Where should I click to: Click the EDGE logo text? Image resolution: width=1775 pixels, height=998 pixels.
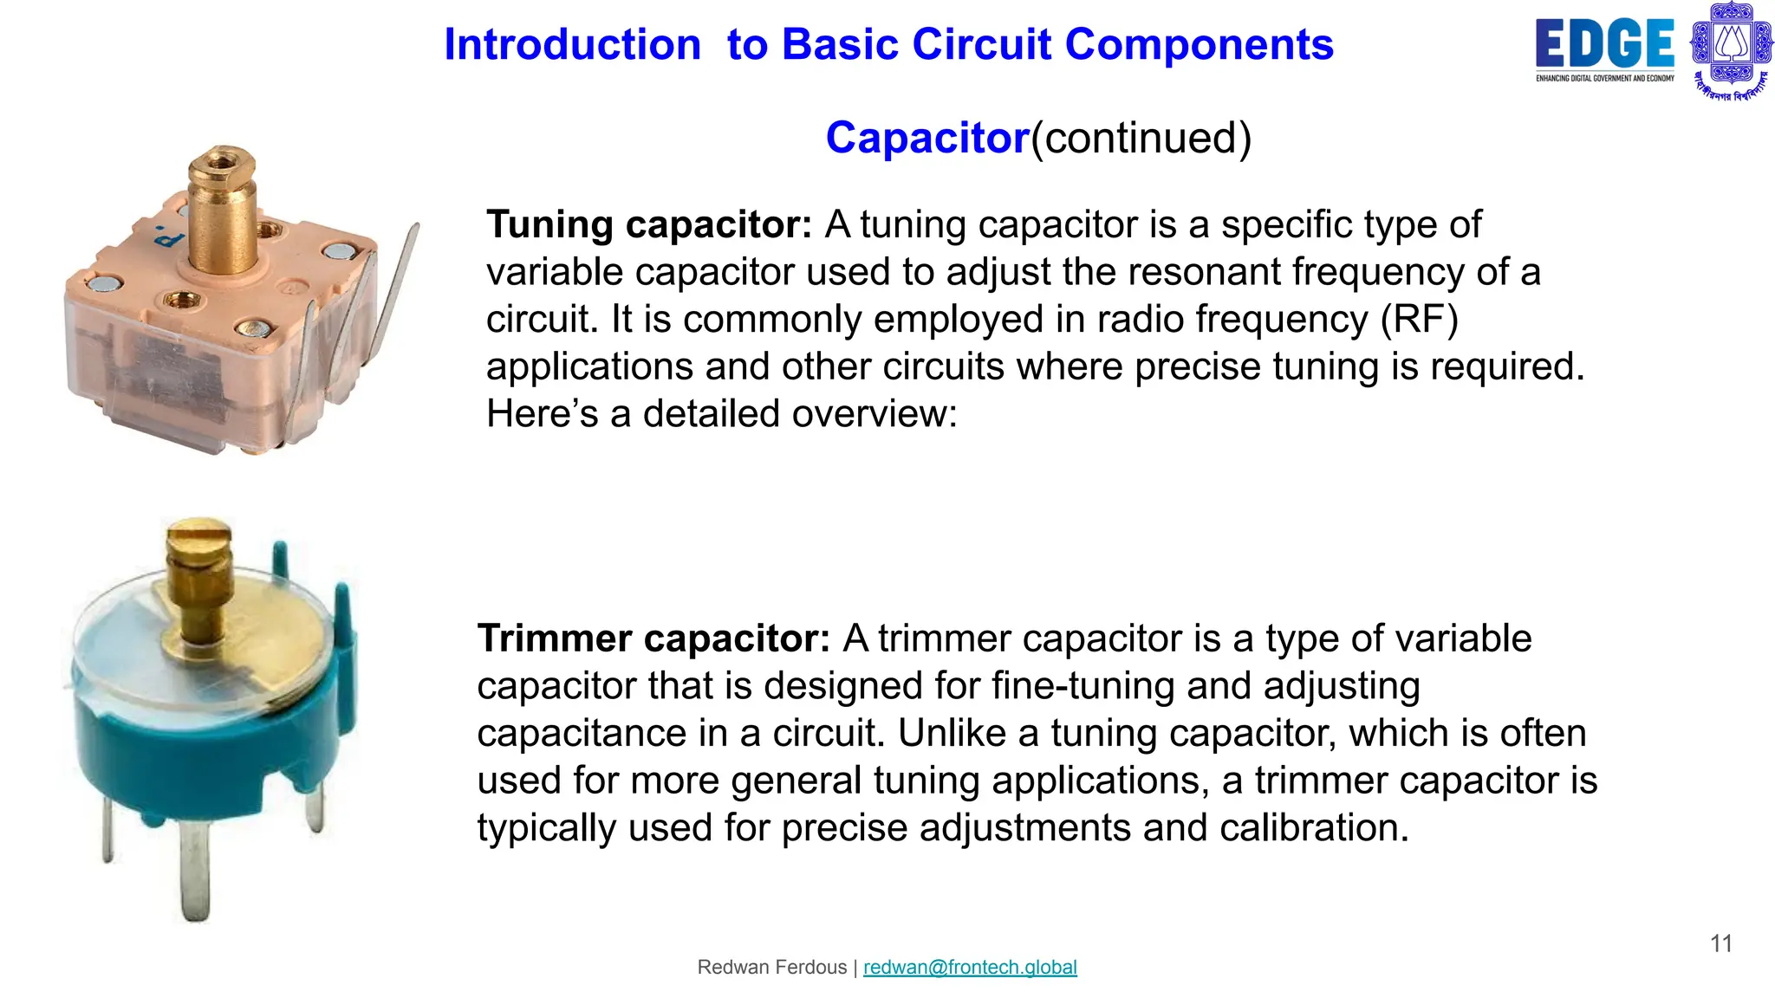point(1604,44)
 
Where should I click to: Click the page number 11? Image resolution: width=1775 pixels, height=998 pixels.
point(1721,943)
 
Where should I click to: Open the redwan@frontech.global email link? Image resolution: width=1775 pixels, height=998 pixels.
point(970,968)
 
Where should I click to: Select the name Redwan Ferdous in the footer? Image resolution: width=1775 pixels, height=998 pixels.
point(771,968)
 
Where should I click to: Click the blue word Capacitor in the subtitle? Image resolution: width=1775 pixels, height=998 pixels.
point(927,139)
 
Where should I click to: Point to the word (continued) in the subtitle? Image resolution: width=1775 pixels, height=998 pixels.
point(1141,139)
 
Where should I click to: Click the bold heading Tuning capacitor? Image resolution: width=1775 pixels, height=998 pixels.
point(649,225)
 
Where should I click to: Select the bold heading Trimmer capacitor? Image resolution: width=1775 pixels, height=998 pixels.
point(653,639)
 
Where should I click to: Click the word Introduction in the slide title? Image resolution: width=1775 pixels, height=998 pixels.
point(572,45)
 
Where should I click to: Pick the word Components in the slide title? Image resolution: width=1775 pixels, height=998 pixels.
point(1199,45)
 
